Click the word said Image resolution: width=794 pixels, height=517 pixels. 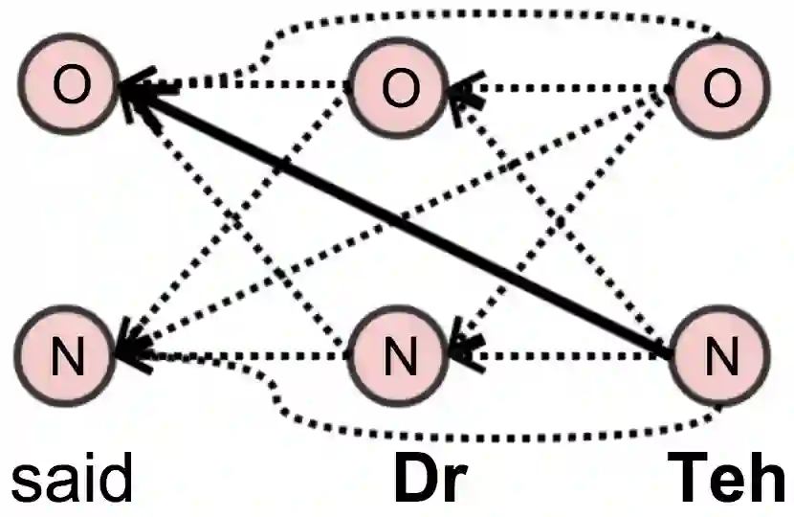[x=71, y=479]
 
